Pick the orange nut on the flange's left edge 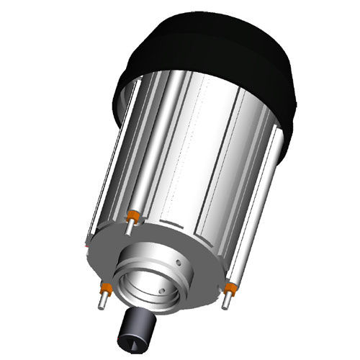[x=104, y=288]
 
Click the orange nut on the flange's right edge [x=230, y=289]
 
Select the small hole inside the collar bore [x=163, y=289]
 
